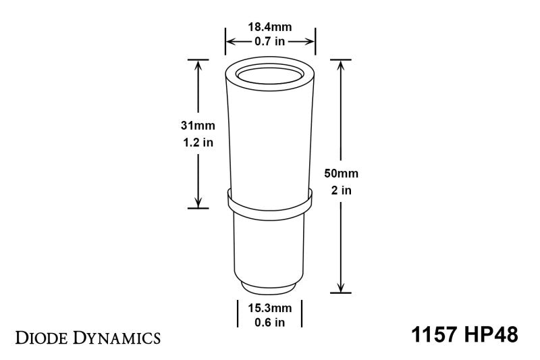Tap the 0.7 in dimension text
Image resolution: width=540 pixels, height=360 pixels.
(x=270, y=43)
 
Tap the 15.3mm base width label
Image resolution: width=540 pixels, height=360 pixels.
(x=269, y=308)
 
